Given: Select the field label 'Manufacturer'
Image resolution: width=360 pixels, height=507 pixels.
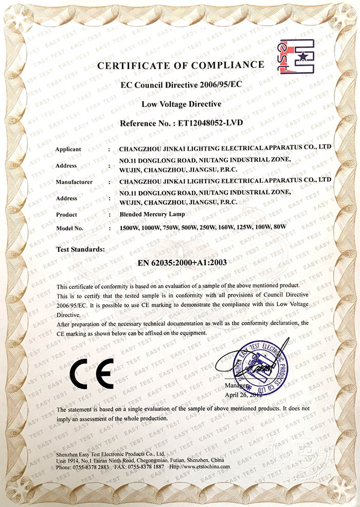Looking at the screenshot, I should click(x=73, y=182).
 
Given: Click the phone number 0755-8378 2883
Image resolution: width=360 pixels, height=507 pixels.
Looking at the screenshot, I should click(x=91, y=467).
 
